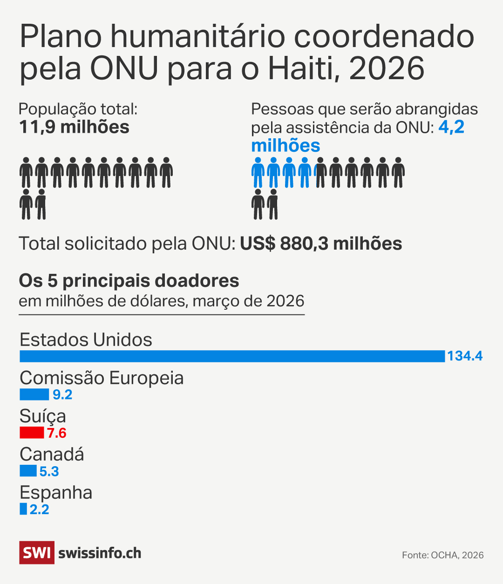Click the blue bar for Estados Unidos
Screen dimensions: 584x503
(x=232, y=356)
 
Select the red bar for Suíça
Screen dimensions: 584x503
(x=32, y=433)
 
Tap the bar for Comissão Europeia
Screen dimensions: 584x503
(x=34, y=394)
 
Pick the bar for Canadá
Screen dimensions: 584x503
(x=28, y=471)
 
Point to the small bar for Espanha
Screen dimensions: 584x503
(x=23, y=509)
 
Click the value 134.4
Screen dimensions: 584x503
(x=465, y=356)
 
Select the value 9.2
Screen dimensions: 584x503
(x=62, y=395)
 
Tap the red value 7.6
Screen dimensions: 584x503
(x=57, y=434)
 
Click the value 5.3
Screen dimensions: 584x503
(x=49, y=471)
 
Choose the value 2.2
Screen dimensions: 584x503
(x=40, y=509)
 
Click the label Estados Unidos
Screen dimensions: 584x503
(x=86, y=340)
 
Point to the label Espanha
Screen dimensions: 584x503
(x=56, y=492)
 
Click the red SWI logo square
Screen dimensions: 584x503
(x=37, y=553)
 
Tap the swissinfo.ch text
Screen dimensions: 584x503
(x=100, y=553)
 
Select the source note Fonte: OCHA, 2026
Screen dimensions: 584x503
(x=442, y=555)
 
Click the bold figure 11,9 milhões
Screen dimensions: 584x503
(x=74, y=127)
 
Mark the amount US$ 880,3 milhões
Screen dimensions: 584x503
(x=321, y=244)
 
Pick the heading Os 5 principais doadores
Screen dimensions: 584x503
(x=129, y=281)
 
